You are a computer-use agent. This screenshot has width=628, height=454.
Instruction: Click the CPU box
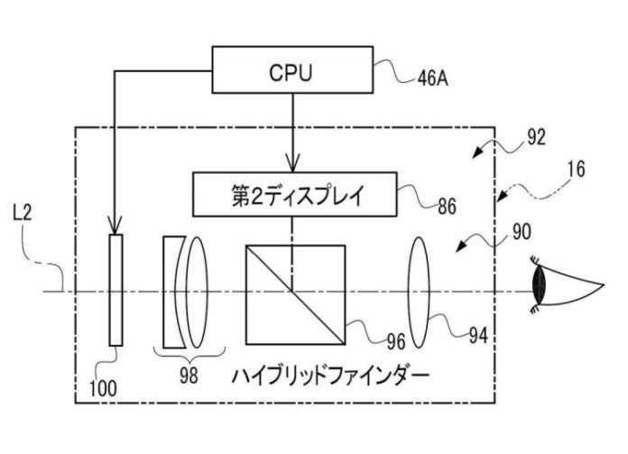[291, 70]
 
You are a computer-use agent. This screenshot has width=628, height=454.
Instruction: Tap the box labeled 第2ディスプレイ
[291, 192]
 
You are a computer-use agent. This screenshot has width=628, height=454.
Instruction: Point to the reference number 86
[445, 207]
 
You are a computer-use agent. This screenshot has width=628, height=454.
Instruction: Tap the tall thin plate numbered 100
[115, 289]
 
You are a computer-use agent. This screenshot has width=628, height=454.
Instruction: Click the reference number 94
[477, 336]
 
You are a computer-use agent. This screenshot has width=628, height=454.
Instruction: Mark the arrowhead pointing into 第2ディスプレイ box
[291, 166]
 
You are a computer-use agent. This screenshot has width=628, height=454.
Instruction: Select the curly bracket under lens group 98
[185, 350]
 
